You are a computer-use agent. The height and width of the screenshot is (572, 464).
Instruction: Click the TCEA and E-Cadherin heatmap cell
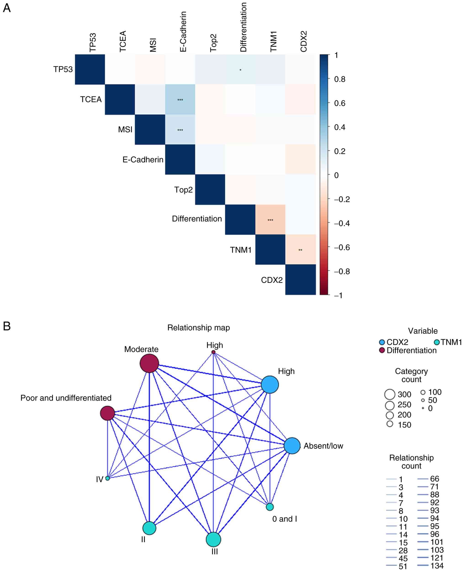180,100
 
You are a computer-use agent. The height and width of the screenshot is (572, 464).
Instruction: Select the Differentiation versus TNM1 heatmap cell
270,220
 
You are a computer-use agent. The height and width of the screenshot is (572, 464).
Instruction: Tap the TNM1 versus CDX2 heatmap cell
301,249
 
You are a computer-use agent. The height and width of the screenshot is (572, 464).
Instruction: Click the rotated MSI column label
153,45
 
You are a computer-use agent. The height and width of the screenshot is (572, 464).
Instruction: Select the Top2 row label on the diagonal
183,190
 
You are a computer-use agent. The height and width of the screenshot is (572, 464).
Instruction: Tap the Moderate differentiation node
149,363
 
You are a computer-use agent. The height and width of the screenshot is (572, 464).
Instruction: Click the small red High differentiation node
213,352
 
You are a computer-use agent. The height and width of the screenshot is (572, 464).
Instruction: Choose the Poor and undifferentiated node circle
108,413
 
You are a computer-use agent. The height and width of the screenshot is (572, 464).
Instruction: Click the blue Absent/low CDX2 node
292,446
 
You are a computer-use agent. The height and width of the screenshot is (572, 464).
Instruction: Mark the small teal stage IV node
108,478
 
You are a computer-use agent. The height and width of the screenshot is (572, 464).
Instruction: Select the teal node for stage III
213,539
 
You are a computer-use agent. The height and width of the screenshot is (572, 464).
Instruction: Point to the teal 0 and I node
270,507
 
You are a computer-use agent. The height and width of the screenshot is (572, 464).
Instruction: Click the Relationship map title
198,328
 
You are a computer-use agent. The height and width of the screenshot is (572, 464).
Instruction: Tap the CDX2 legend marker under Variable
382,342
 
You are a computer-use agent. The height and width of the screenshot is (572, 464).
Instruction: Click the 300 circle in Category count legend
390,394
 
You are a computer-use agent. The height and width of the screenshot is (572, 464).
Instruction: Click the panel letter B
7,326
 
